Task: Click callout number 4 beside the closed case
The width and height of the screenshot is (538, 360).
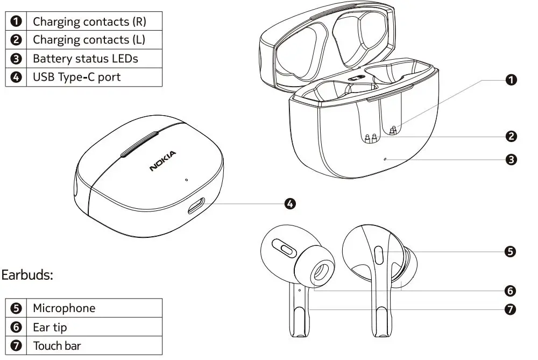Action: pyautogui.click(x=289, y=203)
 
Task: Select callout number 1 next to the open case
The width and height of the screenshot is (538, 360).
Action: pyautogui.click(x=511, y=80)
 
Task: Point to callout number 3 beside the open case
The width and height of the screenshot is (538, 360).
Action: pyautogui.click(x=511, y=159)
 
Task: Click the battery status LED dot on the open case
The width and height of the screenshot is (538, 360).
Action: pyautogui.click(x=385, y=159)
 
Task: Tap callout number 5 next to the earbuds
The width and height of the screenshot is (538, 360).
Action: pyautogui.click(x=511, y=251)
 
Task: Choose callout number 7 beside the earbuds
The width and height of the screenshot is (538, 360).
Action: pyautogui.click(x=511, y=309)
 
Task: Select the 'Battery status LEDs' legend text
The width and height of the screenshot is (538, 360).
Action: pyautogui.click(x=85, y=59)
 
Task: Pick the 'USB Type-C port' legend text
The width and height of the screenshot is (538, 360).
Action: pyautogui.click(x=76, y=77)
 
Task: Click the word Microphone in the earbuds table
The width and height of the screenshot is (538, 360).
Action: pyautogui.click(x=63, y=308)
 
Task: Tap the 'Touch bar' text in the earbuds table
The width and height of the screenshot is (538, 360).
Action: pyautogui.click(x=56, y=345)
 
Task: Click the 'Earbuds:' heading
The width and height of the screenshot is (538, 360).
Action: pyautogui.click(x=27, y=275)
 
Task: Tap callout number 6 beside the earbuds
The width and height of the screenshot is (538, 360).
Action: pyautogui.click(x=511, y=291)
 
